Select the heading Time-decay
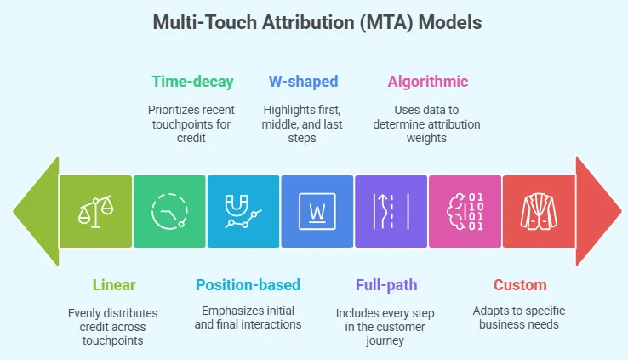pos(192,82)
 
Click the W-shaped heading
pos(303,82)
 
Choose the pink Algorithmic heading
pos(427,82)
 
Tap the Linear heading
pos(113,284)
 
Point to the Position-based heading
pos(248,284)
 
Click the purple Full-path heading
pos(385,284)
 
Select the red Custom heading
pos(520,284)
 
